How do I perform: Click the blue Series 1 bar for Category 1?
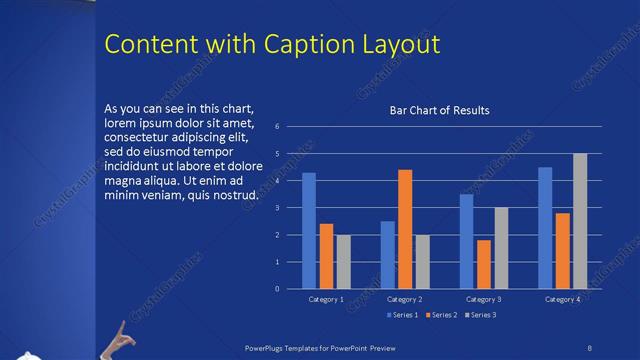(309, 231)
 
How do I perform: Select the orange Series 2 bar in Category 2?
(405, 229)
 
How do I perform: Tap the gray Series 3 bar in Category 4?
(580, 221)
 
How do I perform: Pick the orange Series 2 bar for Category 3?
(484, 264)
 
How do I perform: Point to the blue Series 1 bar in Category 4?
(545, 228)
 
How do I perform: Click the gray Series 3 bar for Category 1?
(344, 262)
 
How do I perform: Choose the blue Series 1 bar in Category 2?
(387, 255)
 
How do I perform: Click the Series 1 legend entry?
(401, 315)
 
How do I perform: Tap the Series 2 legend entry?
(440, 315)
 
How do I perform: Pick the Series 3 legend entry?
(479, 315)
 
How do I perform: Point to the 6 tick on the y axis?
(290, 127)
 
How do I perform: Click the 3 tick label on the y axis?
(290, 208)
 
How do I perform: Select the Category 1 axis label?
(326, 299)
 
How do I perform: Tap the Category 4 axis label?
(562, 299)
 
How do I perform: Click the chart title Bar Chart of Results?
(439, 110)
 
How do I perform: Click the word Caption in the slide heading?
(298, 45)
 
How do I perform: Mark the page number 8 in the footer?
(590, 347)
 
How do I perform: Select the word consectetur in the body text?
(139, 138)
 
